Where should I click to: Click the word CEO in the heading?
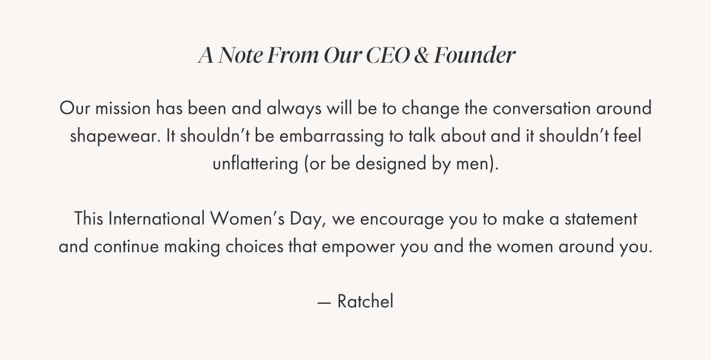tap(387, 55)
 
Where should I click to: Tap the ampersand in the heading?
tap(421, 55)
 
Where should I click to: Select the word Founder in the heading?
tap(475, 55)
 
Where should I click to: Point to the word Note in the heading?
tap(241, 55)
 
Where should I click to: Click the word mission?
tap(123, 108)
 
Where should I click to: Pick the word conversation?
tap(542, 108)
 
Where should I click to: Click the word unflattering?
tap(255, 164)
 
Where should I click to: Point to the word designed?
tap(390, 164)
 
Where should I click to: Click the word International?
tap(156, 219)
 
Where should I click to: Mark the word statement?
tap(601, 219)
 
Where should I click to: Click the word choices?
tap(255, 246)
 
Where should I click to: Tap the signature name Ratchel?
tap(366, 301)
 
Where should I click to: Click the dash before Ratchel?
tap(324, 303)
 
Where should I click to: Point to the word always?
tap(294, 109)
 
